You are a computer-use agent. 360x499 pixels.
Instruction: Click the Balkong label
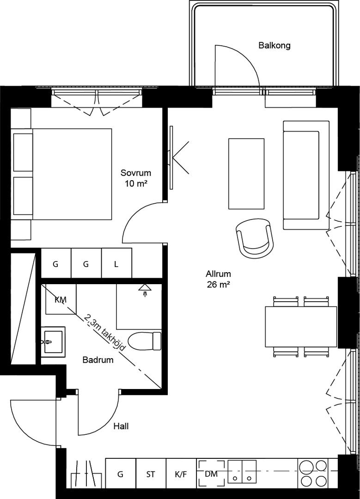(x=275, y=45)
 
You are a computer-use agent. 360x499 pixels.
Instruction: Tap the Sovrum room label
(x=135, y=173)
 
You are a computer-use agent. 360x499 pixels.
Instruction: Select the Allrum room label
(x=218, y=274)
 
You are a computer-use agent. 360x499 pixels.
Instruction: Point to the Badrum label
(x=98, y=360)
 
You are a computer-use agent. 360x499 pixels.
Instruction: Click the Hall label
(x=121, y=426)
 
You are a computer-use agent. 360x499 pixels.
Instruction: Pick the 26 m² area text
(x=218, y=285)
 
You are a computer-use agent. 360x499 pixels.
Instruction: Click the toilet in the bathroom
(x=145, y=341)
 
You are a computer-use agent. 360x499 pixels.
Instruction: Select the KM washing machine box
(x=61, y=299)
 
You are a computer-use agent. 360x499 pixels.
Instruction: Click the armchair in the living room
(x=255, y=238)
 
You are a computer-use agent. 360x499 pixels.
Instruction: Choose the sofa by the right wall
(x=306, y=175)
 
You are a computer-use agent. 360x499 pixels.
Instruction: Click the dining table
(x=301, y=327)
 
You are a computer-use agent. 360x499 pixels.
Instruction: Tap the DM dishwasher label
(x=211, y=474)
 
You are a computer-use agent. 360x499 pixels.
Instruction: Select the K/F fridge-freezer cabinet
(x=181, y=474)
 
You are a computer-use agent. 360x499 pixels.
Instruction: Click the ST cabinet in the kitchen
(x=151, y=474)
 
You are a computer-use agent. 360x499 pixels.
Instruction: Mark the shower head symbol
(x=145, y=290)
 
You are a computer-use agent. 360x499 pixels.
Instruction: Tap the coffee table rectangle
(x=246, y=174)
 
